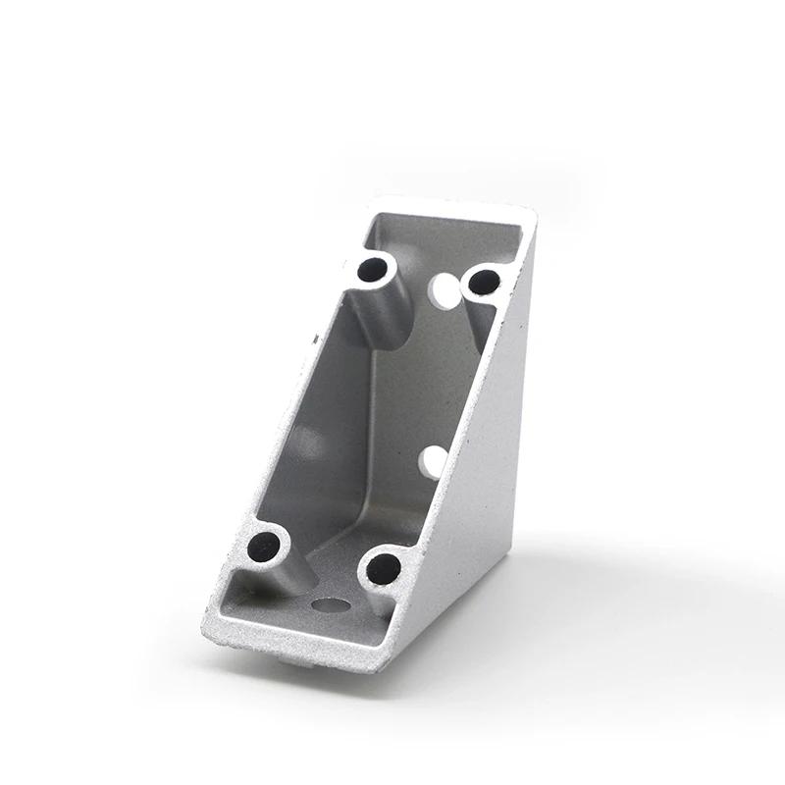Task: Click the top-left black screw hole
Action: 372,268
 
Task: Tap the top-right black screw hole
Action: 484,283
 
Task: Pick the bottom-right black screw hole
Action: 384,568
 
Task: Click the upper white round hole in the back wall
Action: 445,289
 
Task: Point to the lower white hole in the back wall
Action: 434,461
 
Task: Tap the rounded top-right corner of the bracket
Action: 529,214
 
